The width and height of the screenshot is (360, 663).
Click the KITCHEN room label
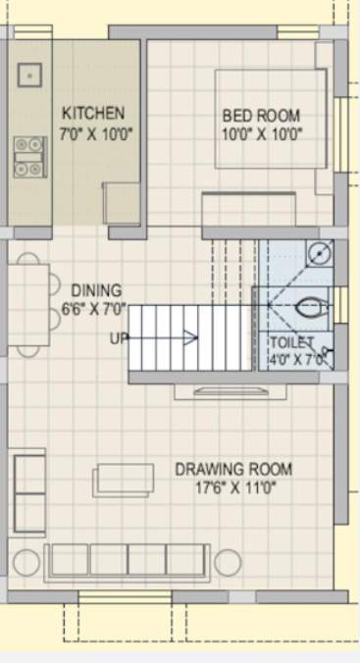[x=93, y=113]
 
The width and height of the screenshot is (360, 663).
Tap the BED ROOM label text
[x=260, y=115]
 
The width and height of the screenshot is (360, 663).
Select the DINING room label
[x=96, y=290]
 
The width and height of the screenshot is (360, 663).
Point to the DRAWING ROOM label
[x=232, y=470]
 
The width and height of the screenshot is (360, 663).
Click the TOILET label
[x=292, y=343]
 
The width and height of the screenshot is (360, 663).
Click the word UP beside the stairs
[x=119, y=338]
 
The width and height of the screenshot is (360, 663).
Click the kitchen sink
[x=29, y=74]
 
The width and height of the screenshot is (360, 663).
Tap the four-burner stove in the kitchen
[x=29, y=157]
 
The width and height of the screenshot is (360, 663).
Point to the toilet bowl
[x=308, y=307]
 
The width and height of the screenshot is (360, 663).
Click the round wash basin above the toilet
[x=318, y=253]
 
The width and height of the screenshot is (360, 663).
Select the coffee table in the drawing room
[x=124, y=480]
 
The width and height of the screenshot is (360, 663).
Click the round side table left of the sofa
[x=27, y=561]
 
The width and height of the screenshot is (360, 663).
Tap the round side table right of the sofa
[x=227, y=562]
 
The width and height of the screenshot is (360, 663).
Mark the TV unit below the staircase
[x=223, y=391]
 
